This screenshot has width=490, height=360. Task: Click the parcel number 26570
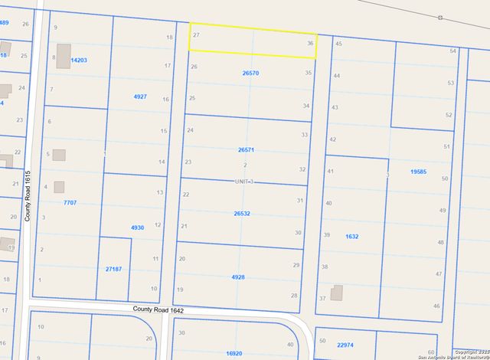coord(250,73)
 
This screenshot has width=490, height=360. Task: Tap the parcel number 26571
coord(246,150)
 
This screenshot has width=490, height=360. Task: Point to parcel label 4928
coord(238,277)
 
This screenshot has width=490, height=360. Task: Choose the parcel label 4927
coord(140,97)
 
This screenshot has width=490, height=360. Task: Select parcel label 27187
coord(113,269)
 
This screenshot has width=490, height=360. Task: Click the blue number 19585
coord(418,172)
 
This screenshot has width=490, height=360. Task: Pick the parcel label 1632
coord(352,237)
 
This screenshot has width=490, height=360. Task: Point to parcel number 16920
coord(234,353)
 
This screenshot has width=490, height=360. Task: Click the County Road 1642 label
coord(158,309)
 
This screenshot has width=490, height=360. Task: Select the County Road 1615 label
coord(27,196)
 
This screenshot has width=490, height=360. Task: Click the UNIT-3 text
coord(243,182)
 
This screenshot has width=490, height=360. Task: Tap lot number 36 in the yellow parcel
coord(309,44)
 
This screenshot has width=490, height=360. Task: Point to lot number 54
coord(452,51)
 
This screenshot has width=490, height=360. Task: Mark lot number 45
coord(338,44)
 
